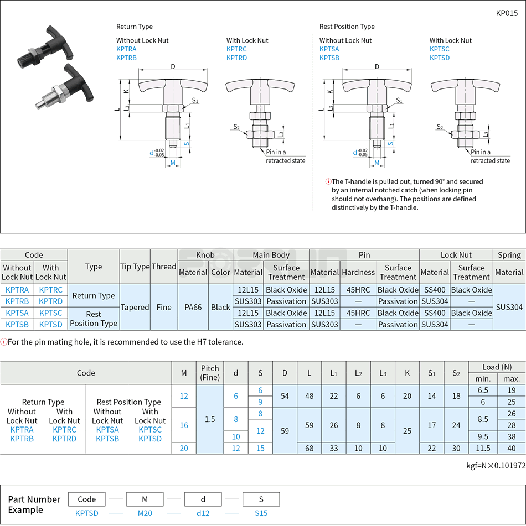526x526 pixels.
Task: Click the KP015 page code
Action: (507, 13)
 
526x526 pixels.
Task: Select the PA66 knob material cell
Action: (193, 307)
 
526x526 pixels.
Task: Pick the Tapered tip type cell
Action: (135, 307)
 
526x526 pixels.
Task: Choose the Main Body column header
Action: (271, 255)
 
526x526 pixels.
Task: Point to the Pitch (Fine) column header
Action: (210, 373)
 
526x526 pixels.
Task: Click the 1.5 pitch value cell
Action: (210, 419)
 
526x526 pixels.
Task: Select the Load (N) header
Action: (497, 367)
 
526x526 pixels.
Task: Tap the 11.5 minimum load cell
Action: (482, 449)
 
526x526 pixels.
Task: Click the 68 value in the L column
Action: (309, 449)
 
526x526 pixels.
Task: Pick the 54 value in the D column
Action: (285, 396)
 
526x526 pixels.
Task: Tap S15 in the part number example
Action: (261, 513)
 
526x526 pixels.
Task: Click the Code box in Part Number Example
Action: (86, 499)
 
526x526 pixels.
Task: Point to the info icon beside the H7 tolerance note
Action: (4, 342)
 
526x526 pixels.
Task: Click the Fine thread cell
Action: (164, 307)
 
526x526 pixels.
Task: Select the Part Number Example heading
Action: (34, 504)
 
